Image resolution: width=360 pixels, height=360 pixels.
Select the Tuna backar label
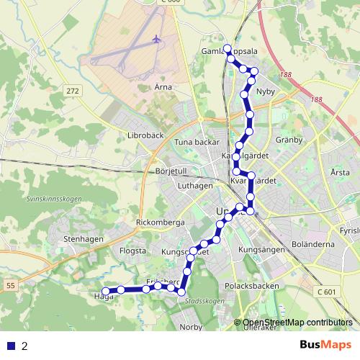196,142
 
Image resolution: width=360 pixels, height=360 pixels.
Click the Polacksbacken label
252,286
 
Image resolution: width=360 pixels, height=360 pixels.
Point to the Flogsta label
131,251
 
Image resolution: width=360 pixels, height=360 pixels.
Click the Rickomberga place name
161,222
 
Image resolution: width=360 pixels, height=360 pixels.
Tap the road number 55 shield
10,287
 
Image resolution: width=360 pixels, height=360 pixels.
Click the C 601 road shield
327,292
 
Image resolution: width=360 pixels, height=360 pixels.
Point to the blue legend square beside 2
11,346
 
